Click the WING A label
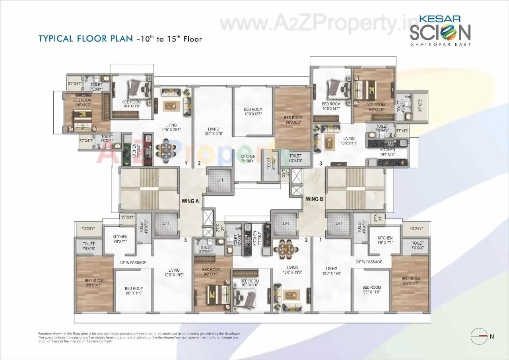pyautogui.click(x=190, y=201)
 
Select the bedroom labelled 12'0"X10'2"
pyautogui.click(x=82, y=103)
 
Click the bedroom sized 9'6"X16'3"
pyautogui.click(x=293, y=120)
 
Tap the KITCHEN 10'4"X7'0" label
pyautogui.click(x=387, y=152)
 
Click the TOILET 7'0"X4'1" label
pyautogui.click(x=96, y=87)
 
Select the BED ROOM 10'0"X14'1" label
pyautogui.click(x=332, y=106)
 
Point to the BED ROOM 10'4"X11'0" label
pyautogui.click(x=131, y=104)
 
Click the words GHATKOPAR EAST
pyautogui.click(x=440, y=44)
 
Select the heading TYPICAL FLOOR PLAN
pyautogui.click(x=85, y=39)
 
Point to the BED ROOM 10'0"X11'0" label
pyautogui.click(x=249, y=283)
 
